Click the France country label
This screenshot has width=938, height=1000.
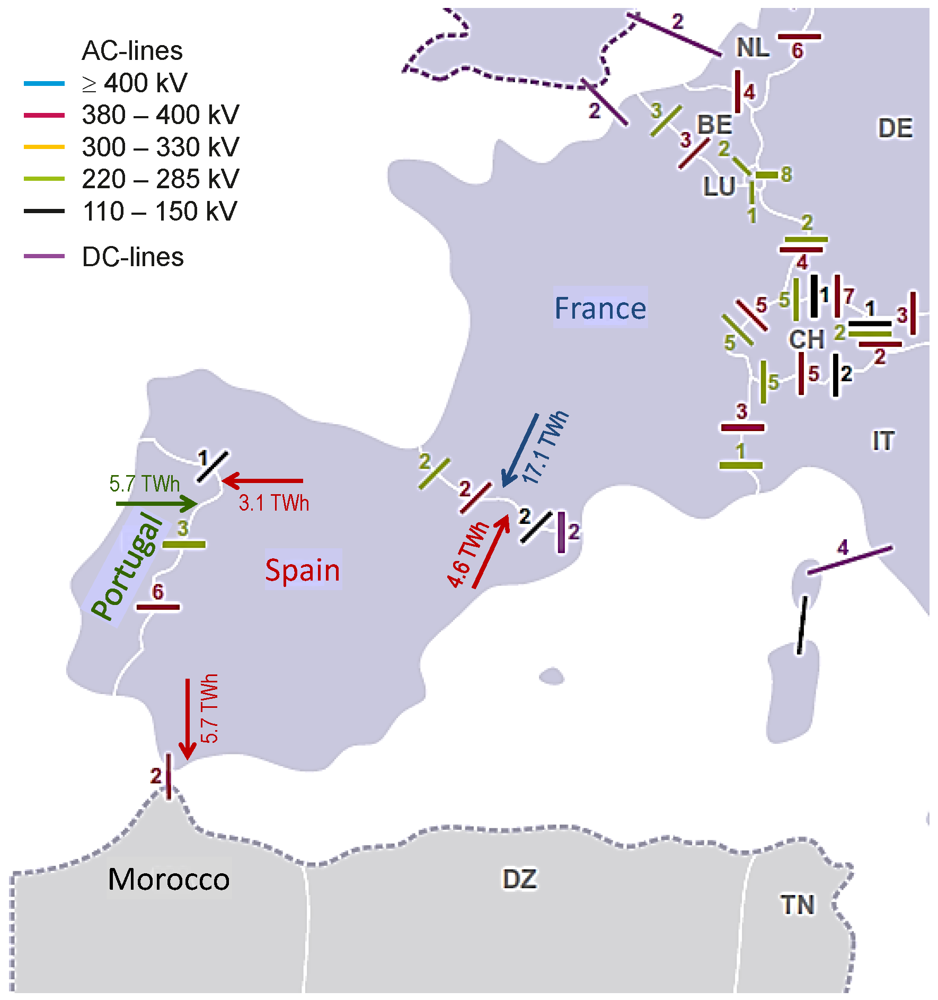point(600,308)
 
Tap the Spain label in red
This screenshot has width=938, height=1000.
point(303,570)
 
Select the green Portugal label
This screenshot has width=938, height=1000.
point(127,566)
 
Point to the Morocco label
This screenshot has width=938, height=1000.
point(169,879)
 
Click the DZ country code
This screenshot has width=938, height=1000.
point(519,879)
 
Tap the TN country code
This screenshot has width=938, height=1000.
point(797,905)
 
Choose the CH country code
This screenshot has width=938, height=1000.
point(806,339)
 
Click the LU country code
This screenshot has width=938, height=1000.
point(719,187)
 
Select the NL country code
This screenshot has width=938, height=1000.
point(753,48)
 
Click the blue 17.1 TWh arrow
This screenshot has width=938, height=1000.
point(520,450)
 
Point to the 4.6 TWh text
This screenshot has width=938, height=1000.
point(467,555)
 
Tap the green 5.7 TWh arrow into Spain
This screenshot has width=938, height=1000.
point(156,503)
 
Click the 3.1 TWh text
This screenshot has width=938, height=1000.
point(273,503)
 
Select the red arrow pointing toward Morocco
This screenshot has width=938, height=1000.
point(188,718)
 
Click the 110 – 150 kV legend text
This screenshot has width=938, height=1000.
point(160,211)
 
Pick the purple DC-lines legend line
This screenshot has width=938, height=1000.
point(44,257)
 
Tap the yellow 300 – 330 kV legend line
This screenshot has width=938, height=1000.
point(44,147)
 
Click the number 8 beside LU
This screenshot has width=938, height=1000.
point(786,174)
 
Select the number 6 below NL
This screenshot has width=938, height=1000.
point(797,51)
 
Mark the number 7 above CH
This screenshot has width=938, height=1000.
point(849,296)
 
